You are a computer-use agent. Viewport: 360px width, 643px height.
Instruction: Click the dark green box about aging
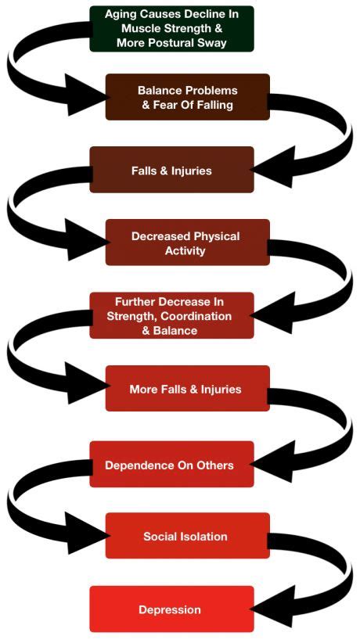point(171,28)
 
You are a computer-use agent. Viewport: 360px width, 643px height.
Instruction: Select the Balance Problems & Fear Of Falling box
point(187,97)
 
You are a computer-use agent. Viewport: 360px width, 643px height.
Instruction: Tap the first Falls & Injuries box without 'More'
point(171,170)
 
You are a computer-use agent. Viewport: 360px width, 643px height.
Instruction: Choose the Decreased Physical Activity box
point(187,242)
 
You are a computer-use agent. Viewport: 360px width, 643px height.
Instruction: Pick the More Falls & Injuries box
point(187,389)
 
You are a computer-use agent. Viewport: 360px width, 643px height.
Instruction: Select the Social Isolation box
point(187,537)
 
